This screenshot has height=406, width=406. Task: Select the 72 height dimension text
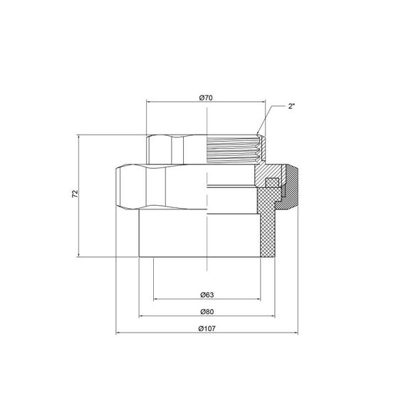coord(74,194)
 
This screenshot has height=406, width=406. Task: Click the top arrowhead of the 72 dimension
coord(80,135)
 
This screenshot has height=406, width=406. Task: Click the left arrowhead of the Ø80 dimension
coord(140,316)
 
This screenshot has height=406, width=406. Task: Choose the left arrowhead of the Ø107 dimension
coord(118,333)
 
